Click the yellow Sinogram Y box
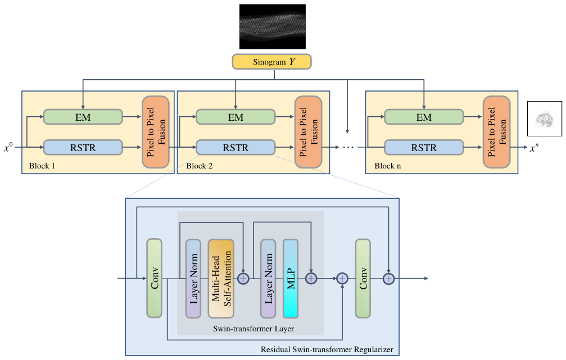(271, 62)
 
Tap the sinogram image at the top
(273, 26)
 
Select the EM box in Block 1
(83, 117)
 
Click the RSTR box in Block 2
(236, 148)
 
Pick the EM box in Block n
(424, 117)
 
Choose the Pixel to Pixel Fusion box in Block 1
(156, 132)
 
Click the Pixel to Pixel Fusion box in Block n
(497, 132)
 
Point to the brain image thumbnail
(544, 119)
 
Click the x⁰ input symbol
(8, 147)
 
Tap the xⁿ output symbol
(534, 148)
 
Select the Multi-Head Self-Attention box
(221, 279)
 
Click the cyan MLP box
(291, 279)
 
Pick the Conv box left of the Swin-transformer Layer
(154, 278)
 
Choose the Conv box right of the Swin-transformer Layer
(363, 279)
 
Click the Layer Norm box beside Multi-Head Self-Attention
(193, 279)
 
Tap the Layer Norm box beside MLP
(268, 279)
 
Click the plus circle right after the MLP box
(311, 279)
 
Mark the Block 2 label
(200, 166)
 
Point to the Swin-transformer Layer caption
(253, 329)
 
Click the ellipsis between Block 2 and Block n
(348, 148)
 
